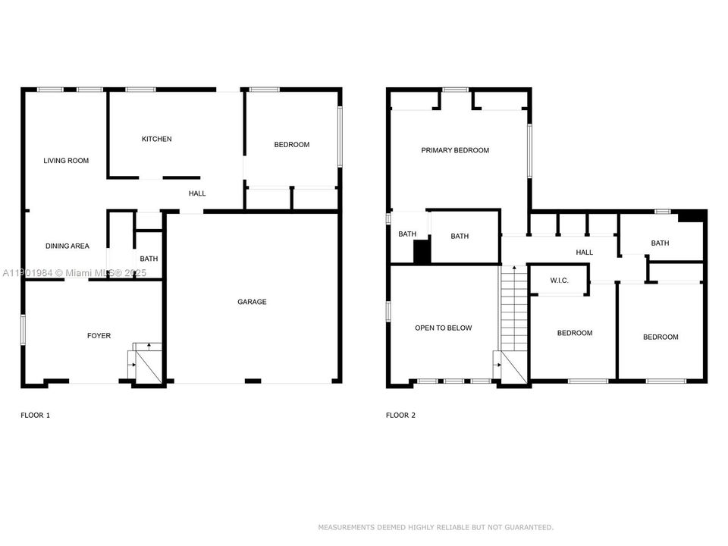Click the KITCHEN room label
[157, 139]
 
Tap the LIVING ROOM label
[66, 161]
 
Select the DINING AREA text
[67, 246]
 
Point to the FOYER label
[99, 335]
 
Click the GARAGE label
[252, 302]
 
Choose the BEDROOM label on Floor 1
[291, 145]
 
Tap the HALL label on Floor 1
[197, 193]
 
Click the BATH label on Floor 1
[149, 259]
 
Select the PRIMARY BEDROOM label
[455, 150]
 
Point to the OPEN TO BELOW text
[443, 328]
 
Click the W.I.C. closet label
[559, 281]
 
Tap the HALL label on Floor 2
[584, 253]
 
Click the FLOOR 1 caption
[35, 416]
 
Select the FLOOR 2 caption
[400, 416]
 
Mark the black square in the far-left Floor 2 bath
[422, 253]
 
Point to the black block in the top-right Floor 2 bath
[691, 216]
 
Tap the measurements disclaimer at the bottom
[435, 527]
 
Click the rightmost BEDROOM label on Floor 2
[661, 337]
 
